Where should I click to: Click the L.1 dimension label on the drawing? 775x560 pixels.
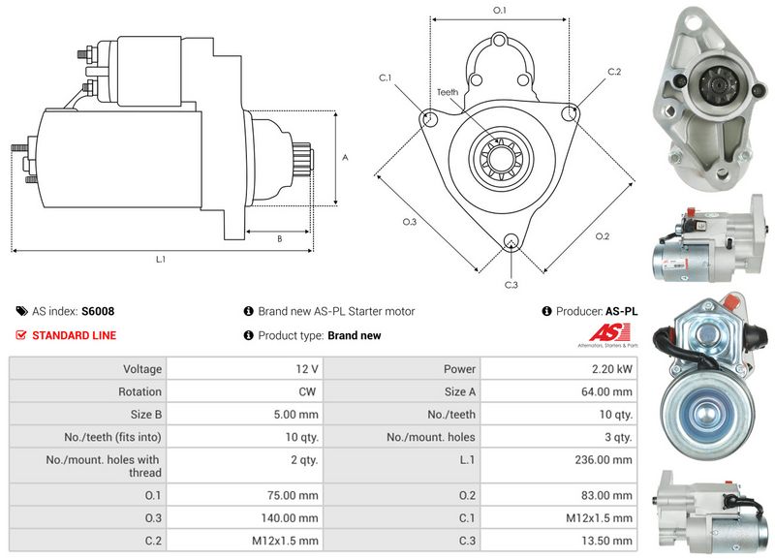click(x=160, y=260)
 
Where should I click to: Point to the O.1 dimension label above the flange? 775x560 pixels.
click(x=500, y=10)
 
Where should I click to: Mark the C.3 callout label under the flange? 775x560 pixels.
click(x=511, y=284)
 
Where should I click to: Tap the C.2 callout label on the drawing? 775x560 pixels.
click(x=614, y=73)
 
